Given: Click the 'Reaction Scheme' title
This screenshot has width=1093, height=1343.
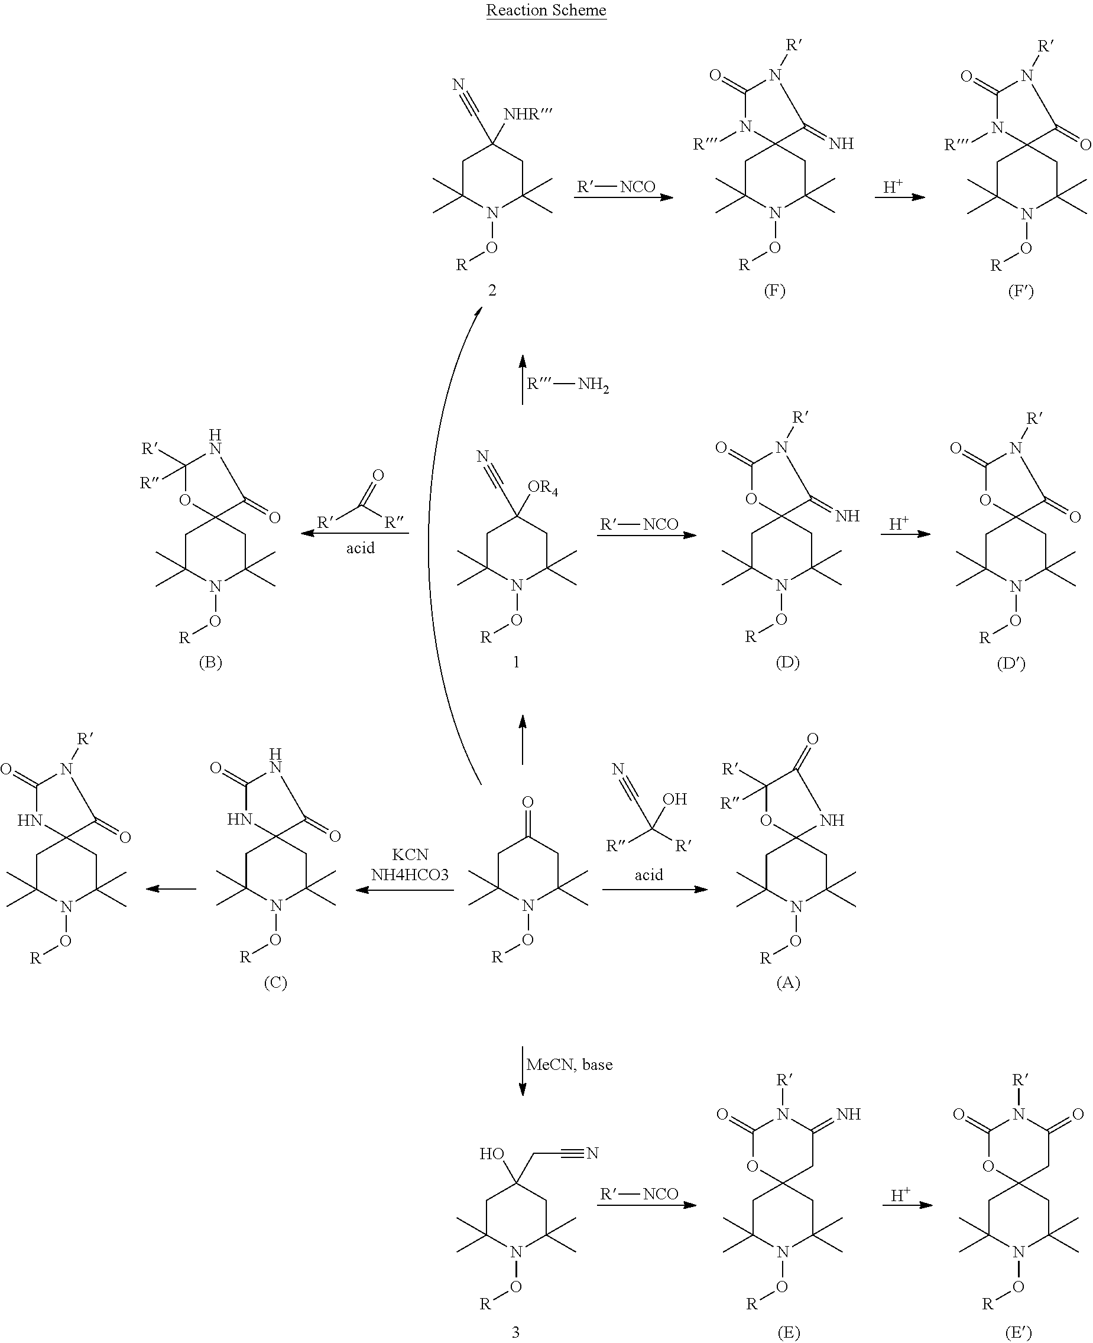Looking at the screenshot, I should pos(546,11).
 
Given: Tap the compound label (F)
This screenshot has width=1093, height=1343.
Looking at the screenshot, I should pos(774,290).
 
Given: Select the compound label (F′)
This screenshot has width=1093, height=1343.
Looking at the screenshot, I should pos(1021,291).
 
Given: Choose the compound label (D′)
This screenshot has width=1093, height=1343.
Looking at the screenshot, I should pos(1011,663).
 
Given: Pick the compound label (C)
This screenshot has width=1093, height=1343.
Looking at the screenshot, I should pos(275,982).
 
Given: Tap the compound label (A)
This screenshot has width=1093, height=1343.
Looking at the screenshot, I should pos(788,982).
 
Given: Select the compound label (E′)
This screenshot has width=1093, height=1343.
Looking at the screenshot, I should pos(1019,1331).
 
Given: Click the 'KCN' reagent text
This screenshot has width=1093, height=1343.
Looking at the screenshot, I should pos(410,854).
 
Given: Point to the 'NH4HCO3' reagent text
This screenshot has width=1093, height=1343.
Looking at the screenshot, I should pos(410,875).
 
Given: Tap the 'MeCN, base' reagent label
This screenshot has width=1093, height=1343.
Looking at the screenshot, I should pos(569,1064).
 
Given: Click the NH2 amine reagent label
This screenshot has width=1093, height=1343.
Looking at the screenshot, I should pos(593,385).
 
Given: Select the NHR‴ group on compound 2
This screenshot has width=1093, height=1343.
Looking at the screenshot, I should pos(528,115).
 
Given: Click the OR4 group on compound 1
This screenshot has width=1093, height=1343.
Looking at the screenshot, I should pos(543,487).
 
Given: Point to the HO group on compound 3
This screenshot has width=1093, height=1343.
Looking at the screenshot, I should pos(492,1153).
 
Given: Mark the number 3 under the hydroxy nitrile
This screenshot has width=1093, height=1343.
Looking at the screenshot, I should pos(515,1332).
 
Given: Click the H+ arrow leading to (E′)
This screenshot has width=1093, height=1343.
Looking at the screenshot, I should pos(907,1205).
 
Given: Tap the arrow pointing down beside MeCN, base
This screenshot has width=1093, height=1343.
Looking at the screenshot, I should pos(523,1071).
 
